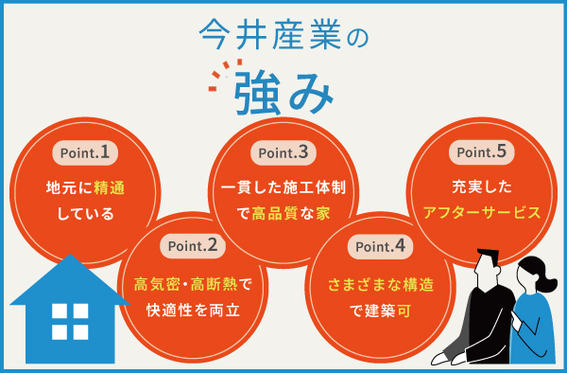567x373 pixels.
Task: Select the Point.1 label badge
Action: tap(79, 151)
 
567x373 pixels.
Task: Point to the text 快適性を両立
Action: tap(194, 309)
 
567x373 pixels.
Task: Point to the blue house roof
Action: tap(68, 278)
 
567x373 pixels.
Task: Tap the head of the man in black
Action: tap(490, 267)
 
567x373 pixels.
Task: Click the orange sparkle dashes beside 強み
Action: tap(220, 77)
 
